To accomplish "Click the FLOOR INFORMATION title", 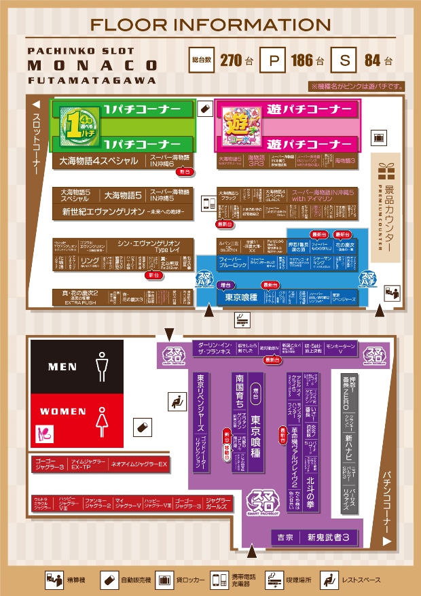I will click(x=210, y=25).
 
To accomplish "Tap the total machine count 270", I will click(x=232, y=60).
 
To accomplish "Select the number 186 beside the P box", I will click(x=302, y=60).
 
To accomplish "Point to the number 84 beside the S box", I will click(x=372, y=60).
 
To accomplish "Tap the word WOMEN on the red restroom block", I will click(x=63, y=411).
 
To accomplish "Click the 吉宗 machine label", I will click(x=285, y=538).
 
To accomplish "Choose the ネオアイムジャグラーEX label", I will click(x=139, y=465).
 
